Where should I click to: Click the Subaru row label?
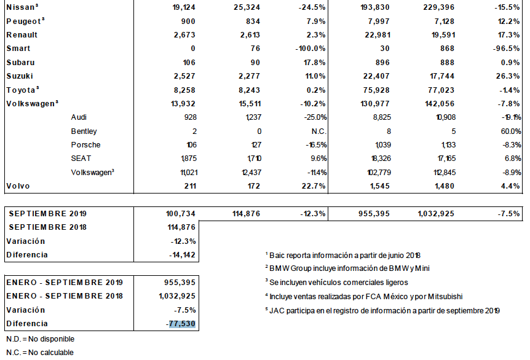pos(20,62)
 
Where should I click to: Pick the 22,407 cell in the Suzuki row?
pos(382,76)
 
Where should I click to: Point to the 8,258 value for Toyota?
pos(184,89)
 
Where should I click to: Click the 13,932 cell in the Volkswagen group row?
pos(183,103)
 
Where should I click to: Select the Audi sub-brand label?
pos(79,117)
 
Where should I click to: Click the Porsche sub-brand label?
pos(85,145)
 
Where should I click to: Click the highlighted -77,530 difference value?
pos(183,324)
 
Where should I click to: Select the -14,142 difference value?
pos(183,254)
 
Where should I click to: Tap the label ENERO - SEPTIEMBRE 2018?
pos(65,296)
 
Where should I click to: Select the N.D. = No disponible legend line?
pos(40,338)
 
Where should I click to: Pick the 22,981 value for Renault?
pos(382,35)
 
